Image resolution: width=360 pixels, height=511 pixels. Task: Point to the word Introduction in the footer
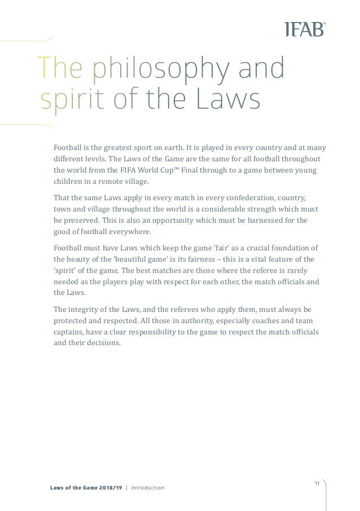(148, 487)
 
